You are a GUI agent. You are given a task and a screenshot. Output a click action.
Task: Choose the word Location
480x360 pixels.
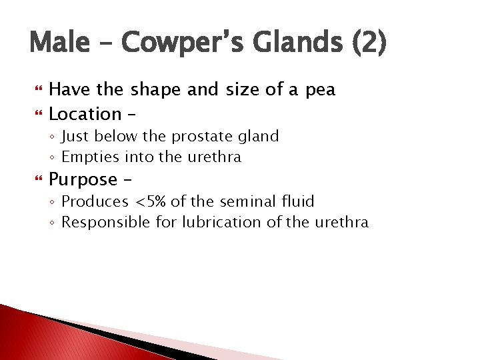(85, 113)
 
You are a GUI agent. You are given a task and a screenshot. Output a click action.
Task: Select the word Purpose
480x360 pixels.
(83, 180)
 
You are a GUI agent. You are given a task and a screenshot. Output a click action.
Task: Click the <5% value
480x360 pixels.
(151, 201)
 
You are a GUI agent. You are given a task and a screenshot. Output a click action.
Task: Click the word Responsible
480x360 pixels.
(106, 222)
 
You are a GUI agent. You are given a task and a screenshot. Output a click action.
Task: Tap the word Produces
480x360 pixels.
(95, 201)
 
